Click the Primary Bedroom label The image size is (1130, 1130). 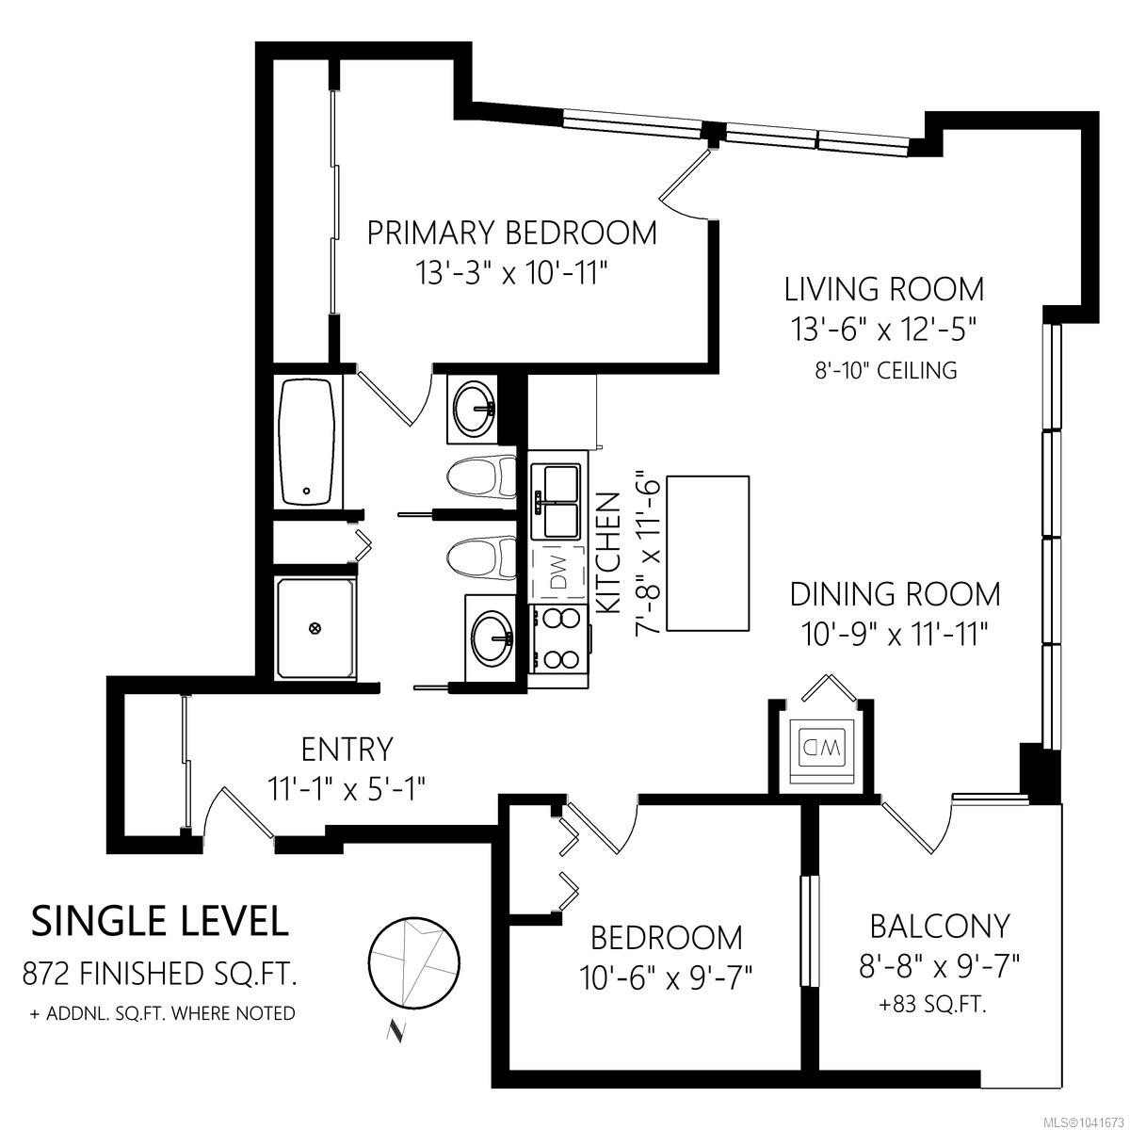click(x=511, y=233)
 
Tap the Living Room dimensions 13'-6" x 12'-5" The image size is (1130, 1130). click(x=884, y=330)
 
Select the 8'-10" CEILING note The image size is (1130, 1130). click(x=885, y=371)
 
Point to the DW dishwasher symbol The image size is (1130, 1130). click(x=557, y=573)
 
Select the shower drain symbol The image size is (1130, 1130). click(x=315, y=628)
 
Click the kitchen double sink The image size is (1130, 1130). click(x=555, y=502)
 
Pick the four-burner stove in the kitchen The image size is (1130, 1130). click(x=557, y=639)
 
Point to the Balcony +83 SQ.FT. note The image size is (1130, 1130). click(x=932, y=1005)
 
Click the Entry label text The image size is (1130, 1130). click(x=347, y=749)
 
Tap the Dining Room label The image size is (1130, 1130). click(x=895, y=594)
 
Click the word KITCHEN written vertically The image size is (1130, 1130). click(x=610, y=553)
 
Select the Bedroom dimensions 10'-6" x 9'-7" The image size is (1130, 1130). click(x=666, y=977)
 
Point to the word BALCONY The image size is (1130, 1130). click(x=940, y=926)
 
